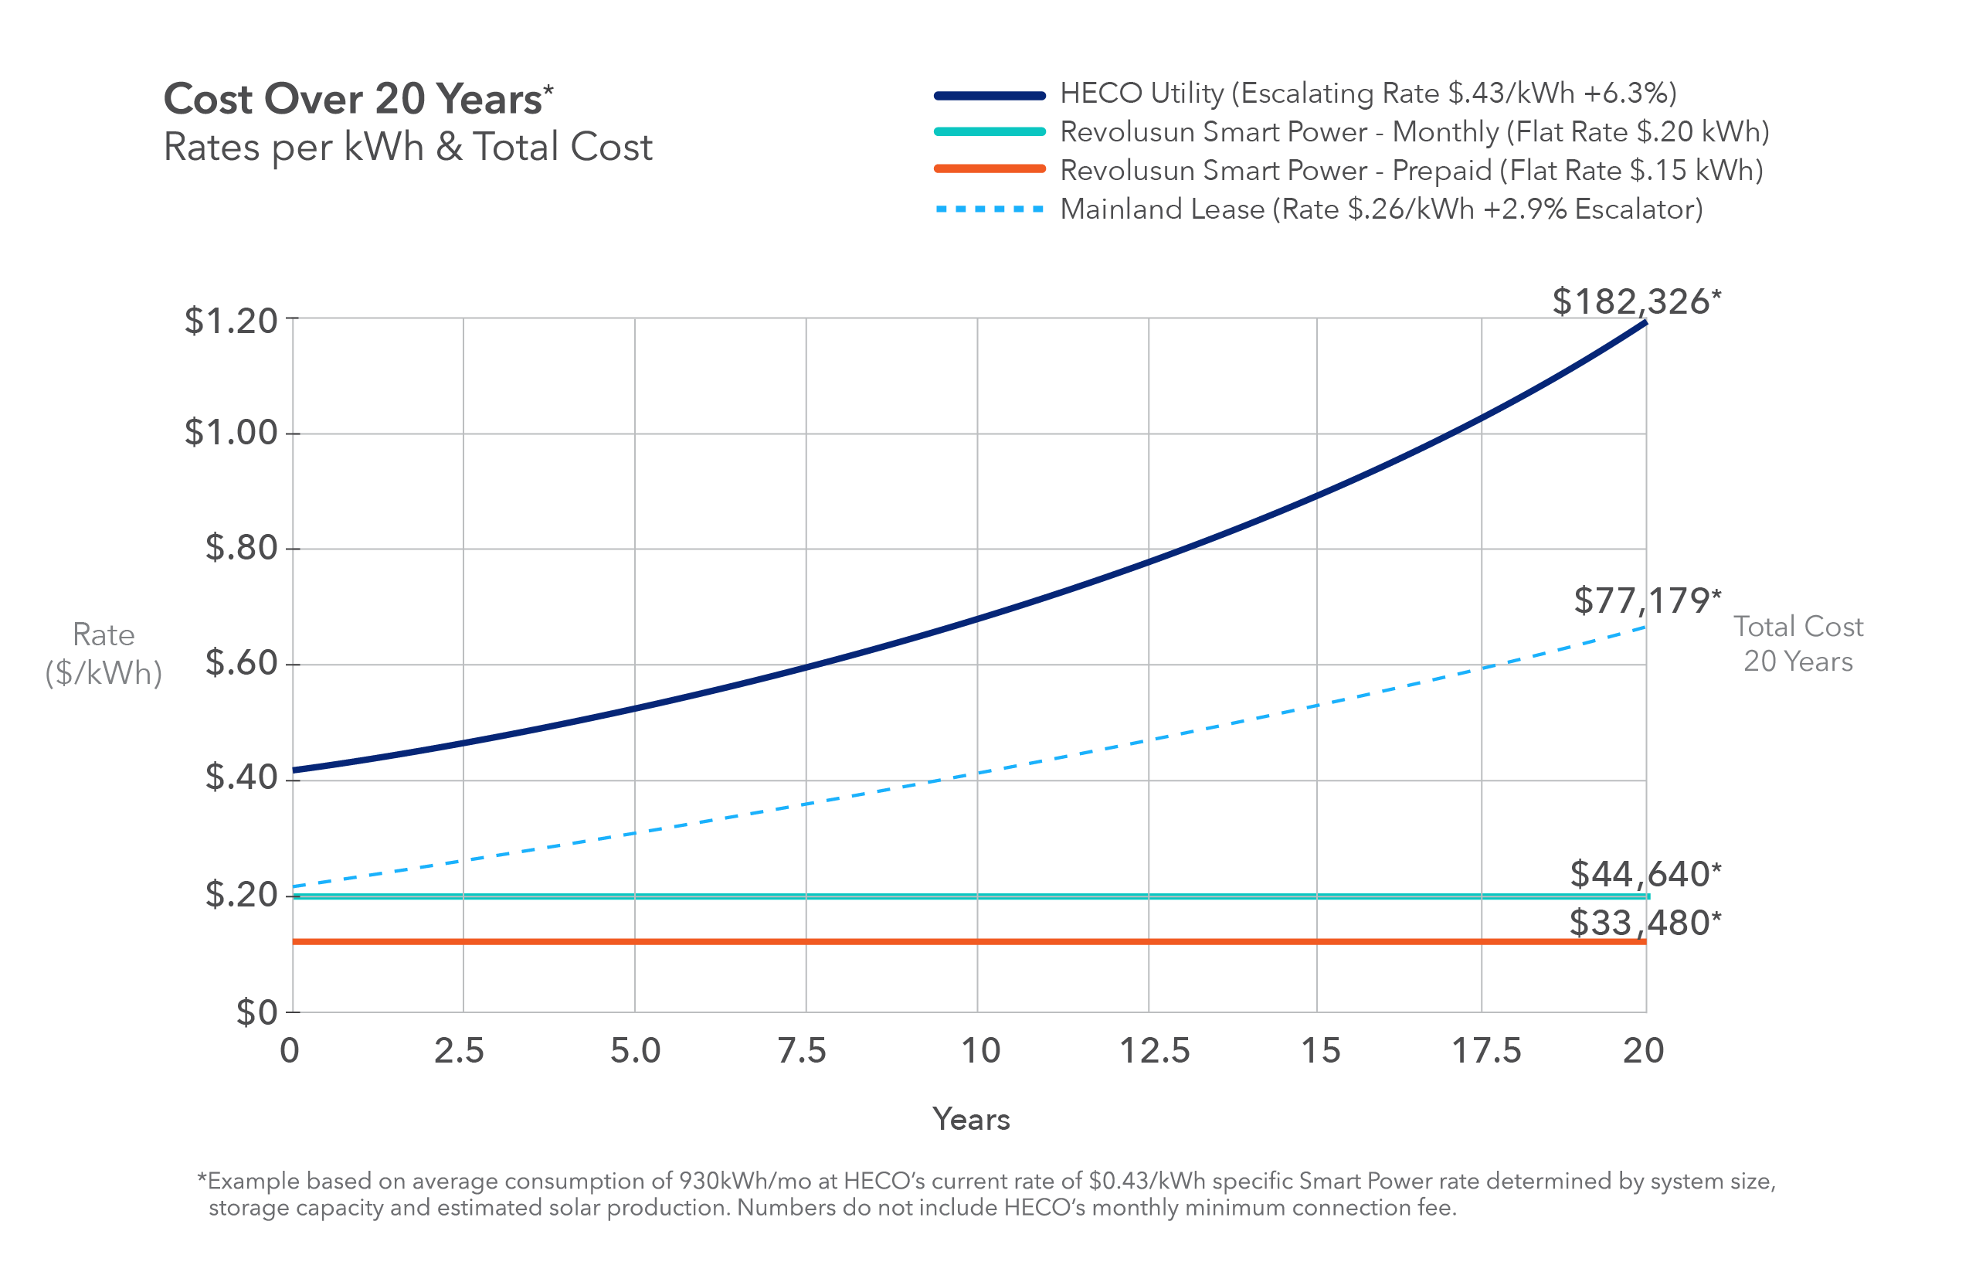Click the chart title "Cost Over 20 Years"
[x=352, y=99]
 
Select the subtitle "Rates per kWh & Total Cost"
[x=408, y=147]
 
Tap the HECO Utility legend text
[x=1368, y=94]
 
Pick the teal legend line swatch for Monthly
[x=990, y=131]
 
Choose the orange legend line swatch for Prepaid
[x=990, y=169]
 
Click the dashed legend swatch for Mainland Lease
[x=990, y=209]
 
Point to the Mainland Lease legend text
[x=1381, y=209]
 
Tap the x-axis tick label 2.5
[x=459, y=1051]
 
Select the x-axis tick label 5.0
[x=636, y=1051]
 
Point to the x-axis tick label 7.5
[x=803, y=1051]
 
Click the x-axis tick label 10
[x=981, y=1051]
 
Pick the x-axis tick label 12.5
[x=1154, y=1051]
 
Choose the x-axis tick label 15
[x=1320, y=1051]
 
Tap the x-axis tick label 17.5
[x=1486, y=1051]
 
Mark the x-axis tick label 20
[x=1643, y=1051]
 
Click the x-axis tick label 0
[x=290, y=1051]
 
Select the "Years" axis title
[x=971, y=1119]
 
